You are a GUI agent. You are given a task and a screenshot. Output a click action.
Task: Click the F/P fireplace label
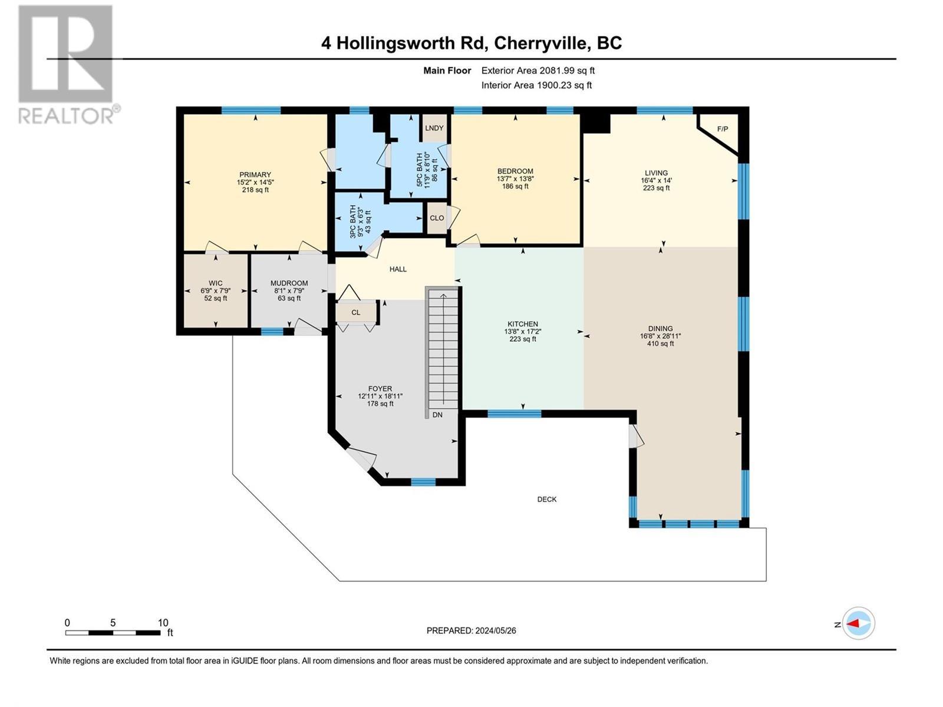722,129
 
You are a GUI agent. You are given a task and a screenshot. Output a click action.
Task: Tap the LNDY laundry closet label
434,128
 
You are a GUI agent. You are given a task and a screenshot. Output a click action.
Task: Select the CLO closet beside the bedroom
437,218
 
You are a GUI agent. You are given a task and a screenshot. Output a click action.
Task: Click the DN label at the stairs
437,415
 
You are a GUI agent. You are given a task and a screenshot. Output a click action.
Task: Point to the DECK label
547,500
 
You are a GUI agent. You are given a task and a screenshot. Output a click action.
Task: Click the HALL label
398,269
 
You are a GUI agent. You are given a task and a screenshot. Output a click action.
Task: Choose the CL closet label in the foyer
356,312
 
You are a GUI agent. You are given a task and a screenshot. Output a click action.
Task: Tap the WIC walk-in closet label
216,283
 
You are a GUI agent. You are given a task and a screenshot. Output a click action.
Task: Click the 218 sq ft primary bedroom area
255,190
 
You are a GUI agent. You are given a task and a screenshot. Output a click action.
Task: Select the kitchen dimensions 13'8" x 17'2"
523,332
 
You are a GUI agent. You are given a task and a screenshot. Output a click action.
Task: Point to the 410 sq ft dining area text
660,344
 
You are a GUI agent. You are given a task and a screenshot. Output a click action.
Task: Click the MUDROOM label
289,283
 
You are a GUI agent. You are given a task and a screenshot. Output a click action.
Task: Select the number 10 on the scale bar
163,623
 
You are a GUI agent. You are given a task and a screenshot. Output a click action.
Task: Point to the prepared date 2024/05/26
494,630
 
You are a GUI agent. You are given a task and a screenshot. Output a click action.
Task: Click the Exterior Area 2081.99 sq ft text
538,71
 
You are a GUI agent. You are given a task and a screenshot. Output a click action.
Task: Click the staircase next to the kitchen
443,348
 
